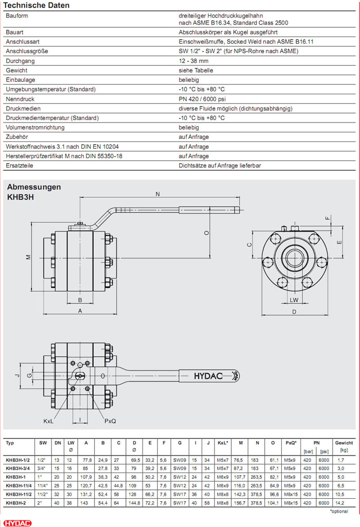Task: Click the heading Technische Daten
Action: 37,6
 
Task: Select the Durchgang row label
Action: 20,61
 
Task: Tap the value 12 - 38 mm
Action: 193,61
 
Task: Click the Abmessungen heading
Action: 33,187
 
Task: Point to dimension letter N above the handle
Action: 158,195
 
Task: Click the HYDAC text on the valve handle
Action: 208,376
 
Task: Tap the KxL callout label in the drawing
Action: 49,421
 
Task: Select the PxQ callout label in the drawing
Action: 111,421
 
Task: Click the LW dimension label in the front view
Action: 294,299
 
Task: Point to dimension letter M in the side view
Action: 29,257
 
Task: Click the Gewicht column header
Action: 344,443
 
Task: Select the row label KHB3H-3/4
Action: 18,468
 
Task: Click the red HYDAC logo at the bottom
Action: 16,522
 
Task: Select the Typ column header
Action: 10,443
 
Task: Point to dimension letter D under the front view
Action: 294,312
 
